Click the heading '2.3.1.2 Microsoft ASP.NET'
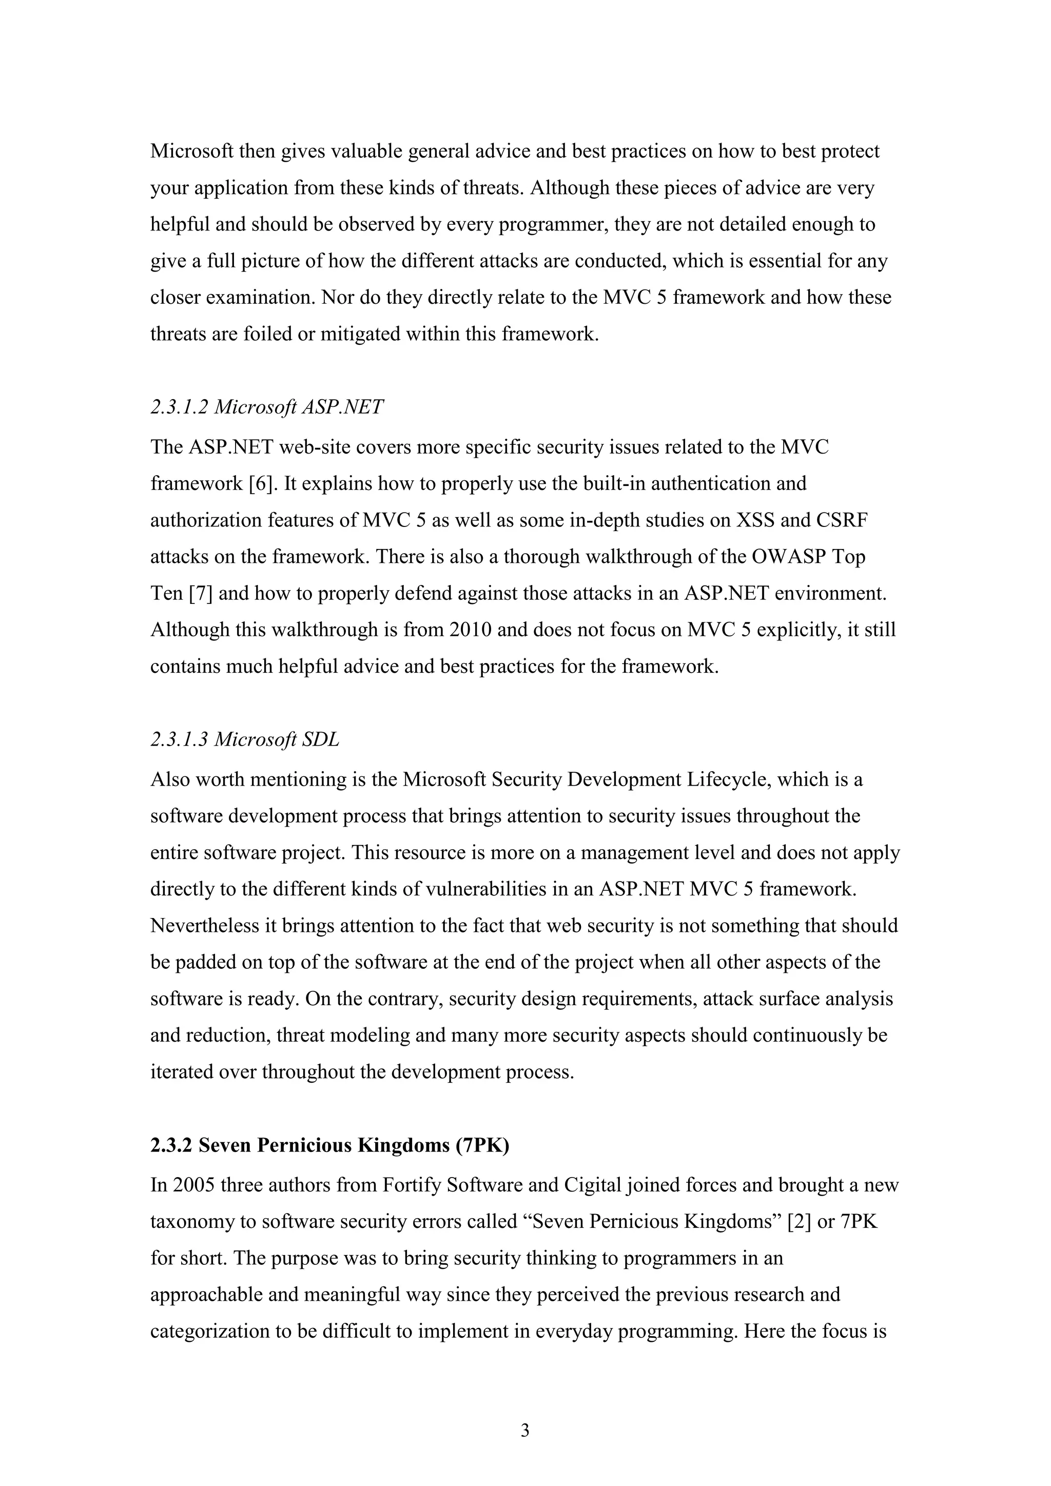click(x=267, y=407)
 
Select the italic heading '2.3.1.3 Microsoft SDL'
click(x=245, y=739)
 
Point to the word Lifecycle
click(x=727, y=779)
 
